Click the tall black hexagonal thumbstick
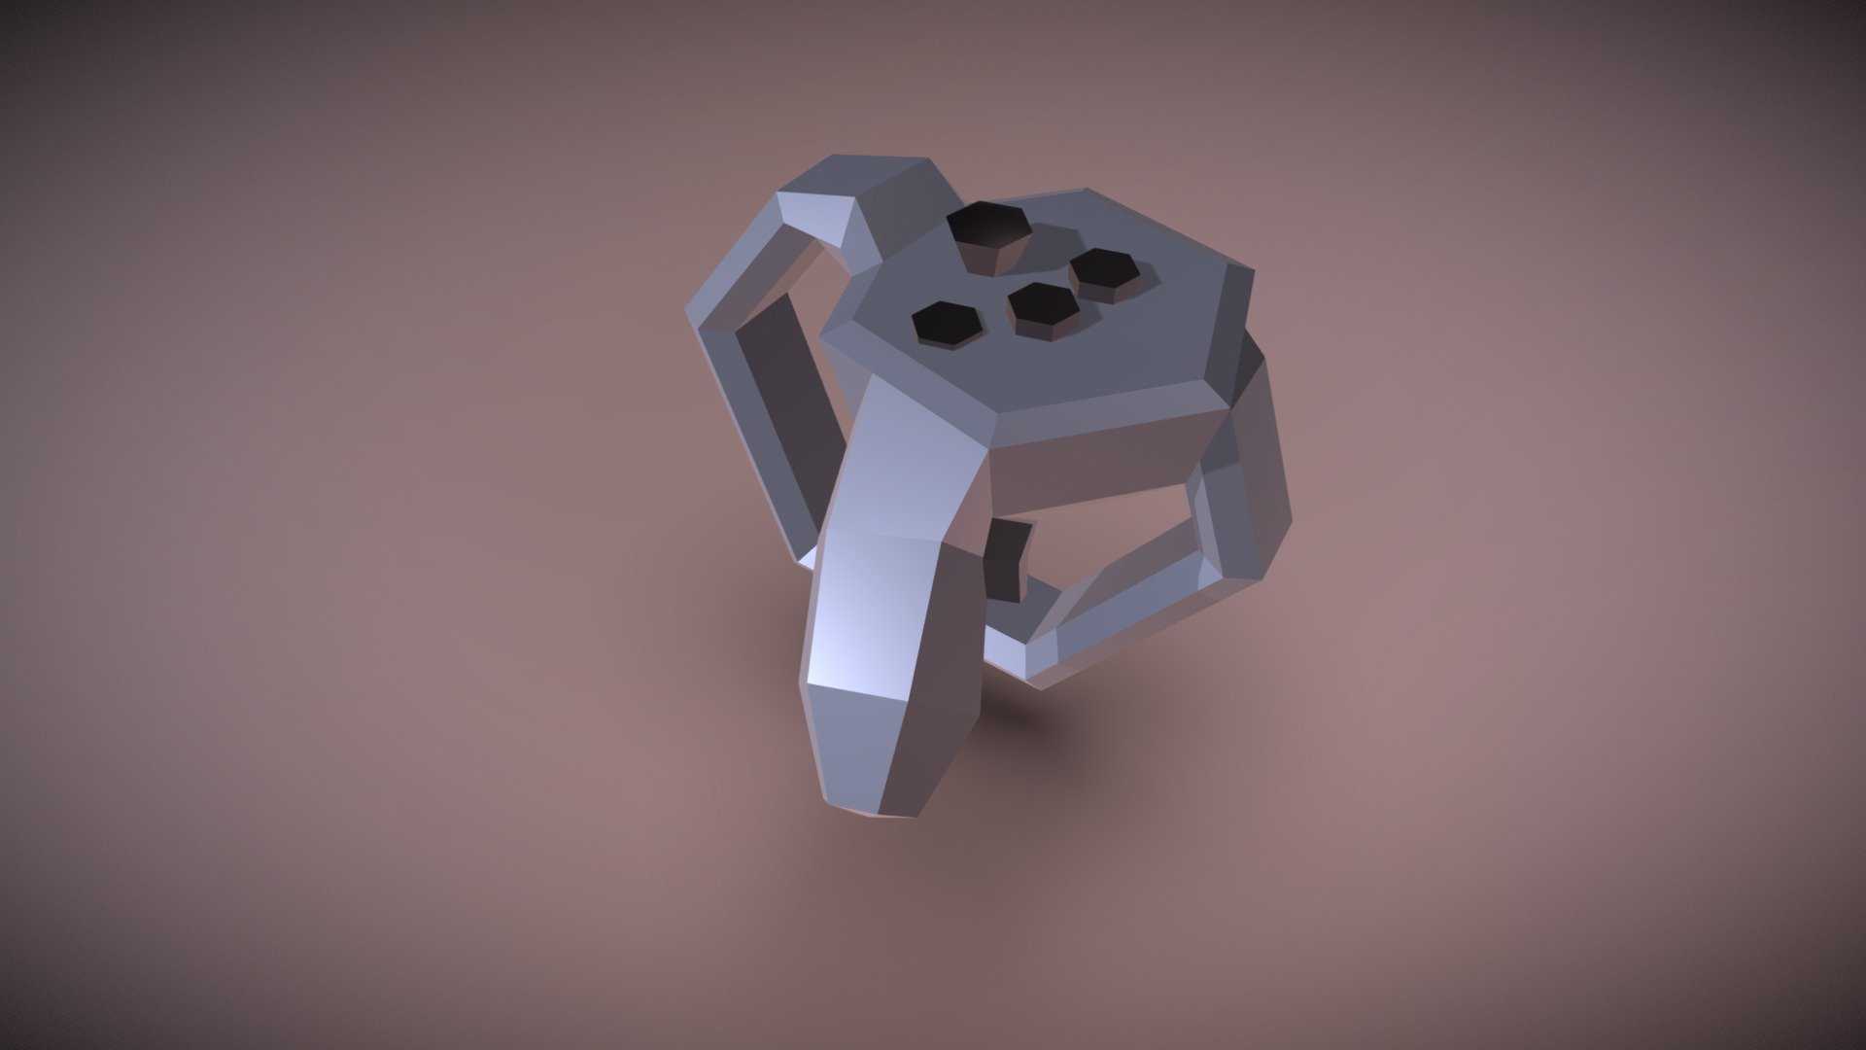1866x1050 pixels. [987, 227]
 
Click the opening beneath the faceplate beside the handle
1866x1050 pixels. [1098, 544]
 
